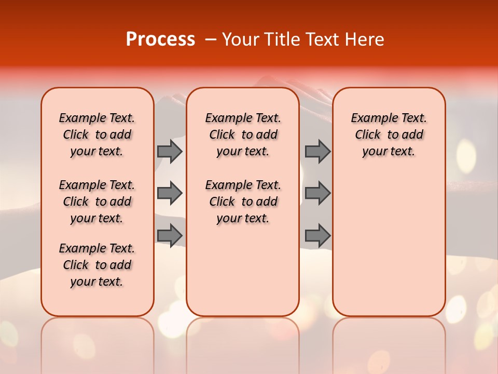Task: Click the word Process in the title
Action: [160, 39]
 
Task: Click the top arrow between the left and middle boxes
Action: [170, 151]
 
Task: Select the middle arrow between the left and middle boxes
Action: [170, 193]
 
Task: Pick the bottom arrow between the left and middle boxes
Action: [170, 235]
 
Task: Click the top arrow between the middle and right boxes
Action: [317, 151]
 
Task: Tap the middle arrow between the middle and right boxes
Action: [317, 193]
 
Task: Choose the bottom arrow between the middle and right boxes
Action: [317, 235]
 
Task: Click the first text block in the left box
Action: [97, 135]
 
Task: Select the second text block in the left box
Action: [97, 202]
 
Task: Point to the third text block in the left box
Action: [97, 265]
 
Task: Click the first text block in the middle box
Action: [243, 135]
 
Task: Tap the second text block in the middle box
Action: [243, 202]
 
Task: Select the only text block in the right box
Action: [389, 135]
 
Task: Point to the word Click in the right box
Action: [368, 135]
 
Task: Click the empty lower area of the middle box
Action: [243, 270]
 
